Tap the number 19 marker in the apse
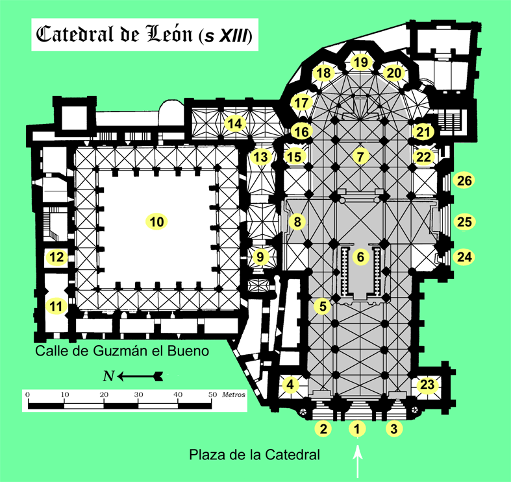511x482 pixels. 361,62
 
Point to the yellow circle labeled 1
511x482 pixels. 356,428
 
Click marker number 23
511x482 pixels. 427,385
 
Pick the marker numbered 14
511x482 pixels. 234,123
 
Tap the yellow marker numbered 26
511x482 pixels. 464,181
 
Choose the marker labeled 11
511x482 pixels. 57,305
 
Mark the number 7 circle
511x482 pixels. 361,156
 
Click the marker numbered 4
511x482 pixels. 290,385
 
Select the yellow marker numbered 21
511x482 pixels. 424,132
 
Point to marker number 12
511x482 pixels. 57,257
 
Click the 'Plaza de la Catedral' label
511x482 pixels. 255,455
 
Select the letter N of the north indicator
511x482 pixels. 109,376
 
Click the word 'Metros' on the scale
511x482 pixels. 232,394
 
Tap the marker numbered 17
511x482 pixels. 301,102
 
